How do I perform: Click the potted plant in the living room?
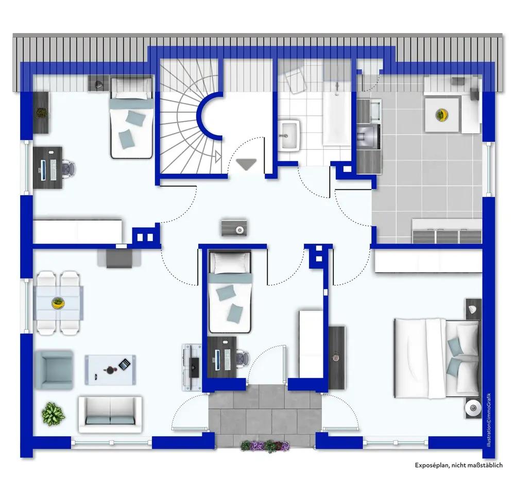(53, 414)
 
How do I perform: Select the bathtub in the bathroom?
(337, 119)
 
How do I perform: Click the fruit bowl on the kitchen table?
(442, 115)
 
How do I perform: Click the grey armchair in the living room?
(54, 370)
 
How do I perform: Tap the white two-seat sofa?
(110, 414)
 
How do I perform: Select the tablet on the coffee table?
(125, 364)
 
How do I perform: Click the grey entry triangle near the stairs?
(246, 164)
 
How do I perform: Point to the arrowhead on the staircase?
(218, 157)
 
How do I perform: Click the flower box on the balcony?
(265, 446)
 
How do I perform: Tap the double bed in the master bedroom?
(437, 358)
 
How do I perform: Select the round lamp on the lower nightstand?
(473, 408)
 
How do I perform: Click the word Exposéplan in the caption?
(432, 465)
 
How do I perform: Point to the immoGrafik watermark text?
(489, 420)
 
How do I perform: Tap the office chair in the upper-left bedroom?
(69, 168)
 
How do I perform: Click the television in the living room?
(195, 367)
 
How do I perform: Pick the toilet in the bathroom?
(295, 79)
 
